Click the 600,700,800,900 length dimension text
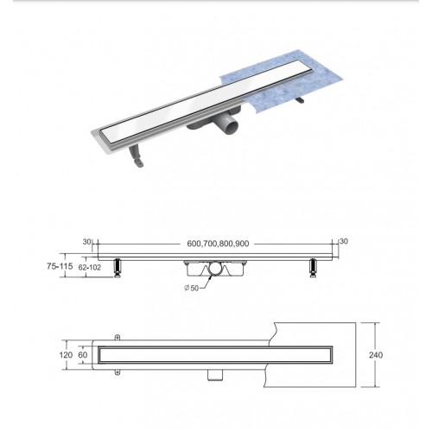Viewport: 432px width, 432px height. coord(218,244)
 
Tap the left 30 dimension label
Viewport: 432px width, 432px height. coord(86,242)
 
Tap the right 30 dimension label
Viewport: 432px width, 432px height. coord(344,241)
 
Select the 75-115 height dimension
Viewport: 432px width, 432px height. coord(60,266)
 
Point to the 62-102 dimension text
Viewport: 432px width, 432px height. coord(90,268)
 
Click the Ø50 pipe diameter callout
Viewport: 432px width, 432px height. coord(192,288)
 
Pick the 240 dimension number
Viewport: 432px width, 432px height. coord(376,355)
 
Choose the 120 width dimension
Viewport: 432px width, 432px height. coord(66,355)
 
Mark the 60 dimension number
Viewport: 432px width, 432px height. coord(83,355)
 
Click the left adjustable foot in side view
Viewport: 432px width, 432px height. coord(118,268)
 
